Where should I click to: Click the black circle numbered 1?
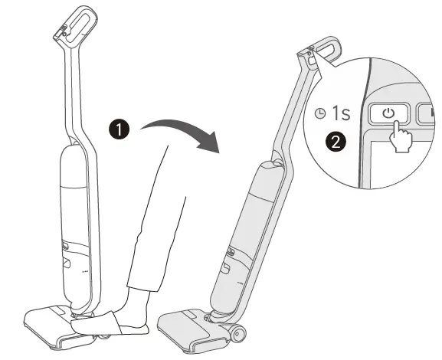click(120, 129)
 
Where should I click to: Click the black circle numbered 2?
click(336, 142)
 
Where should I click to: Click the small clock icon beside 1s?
click(320, 113)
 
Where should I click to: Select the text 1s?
click(342, 113)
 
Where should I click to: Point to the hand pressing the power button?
click(401, 137)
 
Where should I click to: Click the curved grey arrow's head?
click(209, 142)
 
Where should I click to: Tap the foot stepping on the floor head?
click(110, 323)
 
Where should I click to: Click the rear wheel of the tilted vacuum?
click(237, 334)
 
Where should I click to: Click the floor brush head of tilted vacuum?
click(192, 330)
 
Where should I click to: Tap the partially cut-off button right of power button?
click(426, 113)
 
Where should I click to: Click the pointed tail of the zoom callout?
click(315, 53)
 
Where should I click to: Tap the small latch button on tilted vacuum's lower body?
click(226, 267)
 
